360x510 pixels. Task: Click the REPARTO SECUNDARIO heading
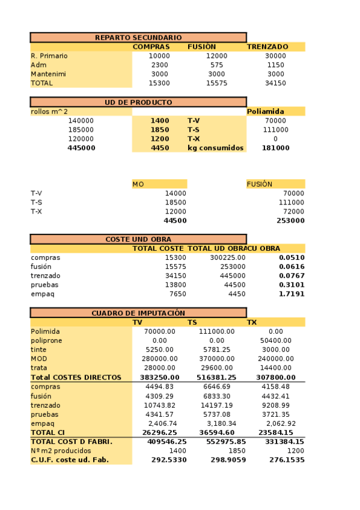click(x=138, y=37)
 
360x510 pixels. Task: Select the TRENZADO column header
click(x=267, y=47)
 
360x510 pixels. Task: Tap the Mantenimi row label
click(x=49, y=74)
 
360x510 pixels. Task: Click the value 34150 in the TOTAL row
click(x=275, y=84)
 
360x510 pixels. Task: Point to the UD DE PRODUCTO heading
click(x=138, y=102)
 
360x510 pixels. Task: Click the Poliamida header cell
click(x=266, y=112)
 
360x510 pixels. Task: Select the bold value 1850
click(x=160, y=130)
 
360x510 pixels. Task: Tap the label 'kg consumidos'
click(x=215, y=148)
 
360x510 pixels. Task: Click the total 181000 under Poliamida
click(x=276, y=148)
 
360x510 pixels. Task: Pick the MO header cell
click(x=138, y=184)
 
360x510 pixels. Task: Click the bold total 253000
click(x=291, y=221)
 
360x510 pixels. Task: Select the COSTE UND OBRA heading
click(x=138, y=239)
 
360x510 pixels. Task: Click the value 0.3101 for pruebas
click(x=291, y=285)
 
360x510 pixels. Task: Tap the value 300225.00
click(x=228, y=257)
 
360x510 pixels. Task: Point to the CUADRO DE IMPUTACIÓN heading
click(x=138, y=313)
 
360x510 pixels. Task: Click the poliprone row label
click(x=46, y=340)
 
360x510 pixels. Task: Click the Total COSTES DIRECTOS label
click(x=76, y=378)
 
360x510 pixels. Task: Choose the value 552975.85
click(x=225, y=442)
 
